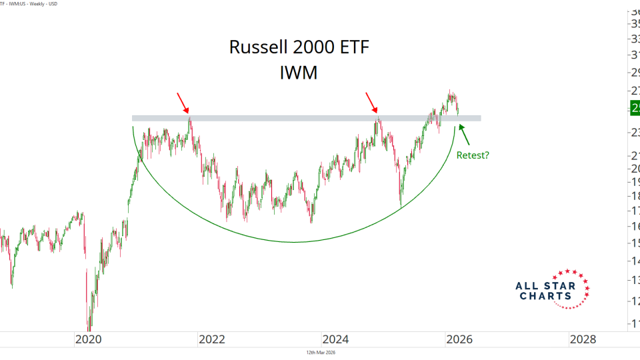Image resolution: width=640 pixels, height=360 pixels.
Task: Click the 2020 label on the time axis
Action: [x=88, y=339]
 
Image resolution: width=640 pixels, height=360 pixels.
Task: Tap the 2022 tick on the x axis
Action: [x=212, y=339]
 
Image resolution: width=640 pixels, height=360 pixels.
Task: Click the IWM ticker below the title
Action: [x=299, y=73]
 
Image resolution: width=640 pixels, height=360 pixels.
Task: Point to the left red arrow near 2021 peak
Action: [x=183, y=103]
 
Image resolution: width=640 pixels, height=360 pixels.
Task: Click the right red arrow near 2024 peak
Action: [x=372, y=103]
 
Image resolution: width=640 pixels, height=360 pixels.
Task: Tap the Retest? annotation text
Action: [x=473, y=155]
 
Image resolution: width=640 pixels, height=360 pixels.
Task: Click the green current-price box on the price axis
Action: [x=635, y=107]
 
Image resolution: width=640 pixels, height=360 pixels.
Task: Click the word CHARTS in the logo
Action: [x=545, y=295]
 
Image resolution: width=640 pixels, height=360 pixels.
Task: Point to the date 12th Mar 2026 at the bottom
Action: [x=319, y=353]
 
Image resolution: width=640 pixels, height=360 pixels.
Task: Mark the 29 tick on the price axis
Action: [x=635, y=71]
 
